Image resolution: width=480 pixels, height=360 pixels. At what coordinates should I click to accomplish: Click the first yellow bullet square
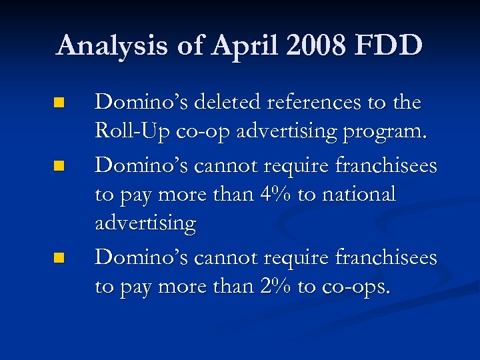coord(59,103)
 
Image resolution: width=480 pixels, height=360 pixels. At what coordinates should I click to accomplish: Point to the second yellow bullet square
coord(59,165)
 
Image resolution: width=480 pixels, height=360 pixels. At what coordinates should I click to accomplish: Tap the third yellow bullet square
coord(59,257)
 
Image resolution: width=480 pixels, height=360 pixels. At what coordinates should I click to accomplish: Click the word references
coord(320,102)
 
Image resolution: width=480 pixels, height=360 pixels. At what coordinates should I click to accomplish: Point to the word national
coord(357,194)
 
